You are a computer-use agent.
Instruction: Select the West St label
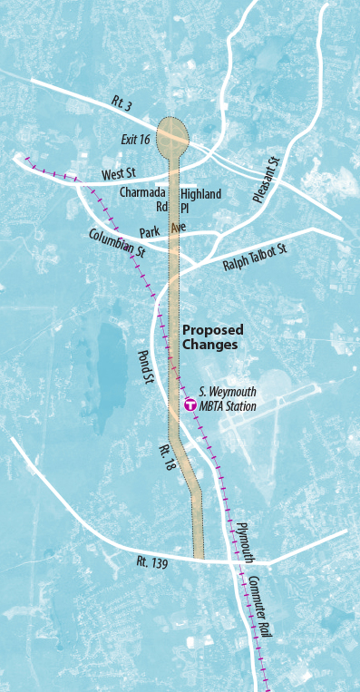click(118, 173)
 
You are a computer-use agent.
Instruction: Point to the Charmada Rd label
click(143, 199)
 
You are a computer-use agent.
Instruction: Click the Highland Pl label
click(199, 200)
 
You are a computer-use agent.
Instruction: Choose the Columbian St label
click(117, 246)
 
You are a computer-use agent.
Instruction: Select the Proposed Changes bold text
click(212, 337)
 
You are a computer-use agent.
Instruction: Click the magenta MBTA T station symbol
click(190, 405)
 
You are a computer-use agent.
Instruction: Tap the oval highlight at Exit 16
click(173, 137)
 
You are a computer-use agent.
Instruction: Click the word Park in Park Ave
click(150, 233)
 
